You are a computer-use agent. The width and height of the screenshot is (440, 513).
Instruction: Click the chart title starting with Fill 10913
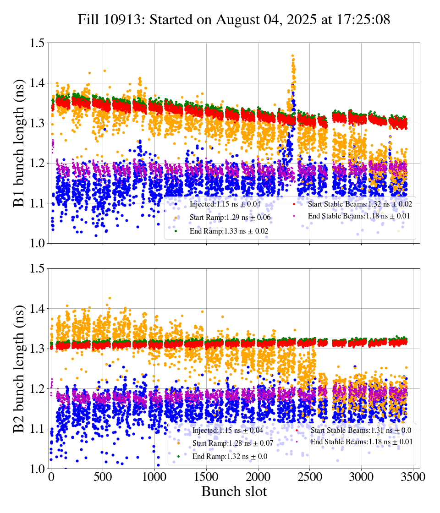coord(234,20)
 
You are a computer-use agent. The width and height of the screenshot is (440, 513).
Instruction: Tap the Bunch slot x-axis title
coord(234,491)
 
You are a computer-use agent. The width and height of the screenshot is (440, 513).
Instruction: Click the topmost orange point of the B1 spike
coord(292,56)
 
